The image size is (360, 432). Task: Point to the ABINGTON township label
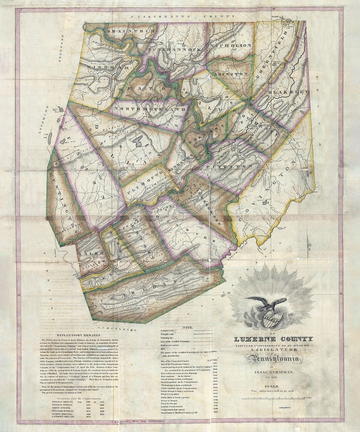[231, 74]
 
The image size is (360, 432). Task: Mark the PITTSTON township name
[233, 166]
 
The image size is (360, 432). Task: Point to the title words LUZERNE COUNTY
[273, 339]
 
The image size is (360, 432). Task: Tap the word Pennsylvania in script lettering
[273, 359]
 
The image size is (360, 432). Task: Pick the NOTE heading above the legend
[188, 328]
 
